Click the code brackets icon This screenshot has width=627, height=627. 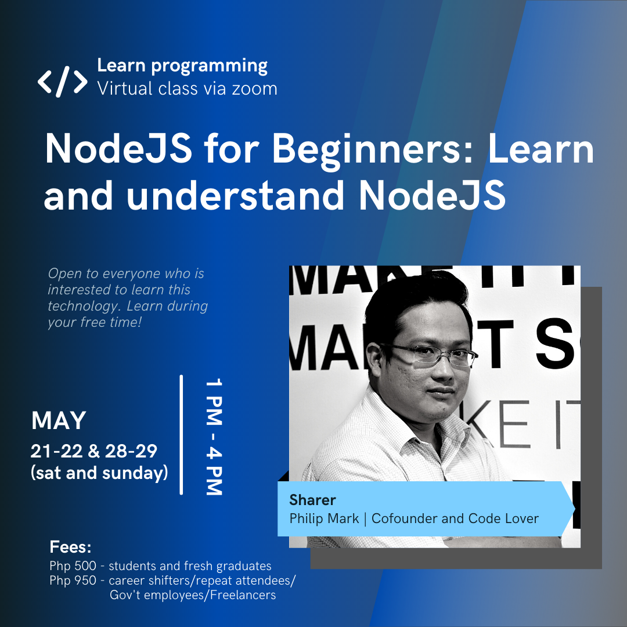click(63, 81)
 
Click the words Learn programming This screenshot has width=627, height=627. click(182, 66)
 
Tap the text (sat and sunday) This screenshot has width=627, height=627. click(99, 473)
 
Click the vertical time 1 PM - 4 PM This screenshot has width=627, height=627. click(214, 437)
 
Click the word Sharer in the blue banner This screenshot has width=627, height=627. click(312, 500)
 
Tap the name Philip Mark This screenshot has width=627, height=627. click(324, 518)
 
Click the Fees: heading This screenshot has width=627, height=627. click(71, 547)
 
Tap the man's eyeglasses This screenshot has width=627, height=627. click(430, 354)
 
